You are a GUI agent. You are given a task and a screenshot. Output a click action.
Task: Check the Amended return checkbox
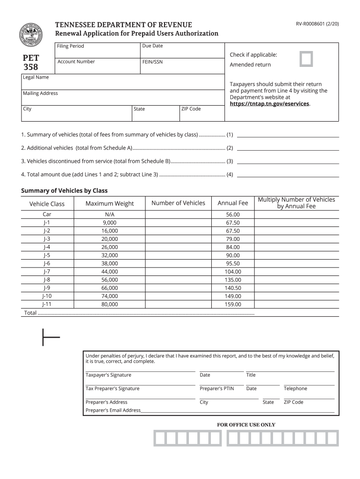click(x=306, y=59)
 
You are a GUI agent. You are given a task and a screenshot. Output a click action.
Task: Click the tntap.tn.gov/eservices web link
click(x=269, y=104)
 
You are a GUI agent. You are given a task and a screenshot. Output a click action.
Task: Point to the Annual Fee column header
click(x=233, y=203)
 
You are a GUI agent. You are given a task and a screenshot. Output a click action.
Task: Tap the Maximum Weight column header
click(x=109, y=203)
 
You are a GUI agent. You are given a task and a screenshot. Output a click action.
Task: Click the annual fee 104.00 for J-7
click(x=233, y=271)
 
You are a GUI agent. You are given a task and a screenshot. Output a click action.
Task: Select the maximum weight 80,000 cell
click(x=109, y=304)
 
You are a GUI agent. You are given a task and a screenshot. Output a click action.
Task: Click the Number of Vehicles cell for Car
click(x=178, y=214)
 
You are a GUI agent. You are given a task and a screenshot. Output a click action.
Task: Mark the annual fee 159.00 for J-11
click(x=233, y=304)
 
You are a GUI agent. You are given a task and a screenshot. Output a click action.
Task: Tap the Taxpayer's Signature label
click(x=108, y=375)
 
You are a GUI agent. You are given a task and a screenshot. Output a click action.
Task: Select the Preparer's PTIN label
click(x=216, y=388)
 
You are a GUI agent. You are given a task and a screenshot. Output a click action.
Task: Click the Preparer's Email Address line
click(x=238, y=410)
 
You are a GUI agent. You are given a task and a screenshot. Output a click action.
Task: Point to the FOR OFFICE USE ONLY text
click(x=246, y=425)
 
